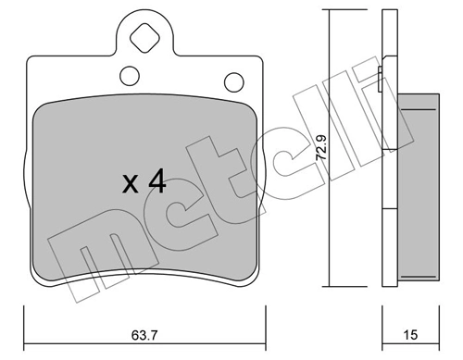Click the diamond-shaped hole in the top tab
(144, 40)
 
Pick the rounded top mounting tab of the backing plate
(144, 32)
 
